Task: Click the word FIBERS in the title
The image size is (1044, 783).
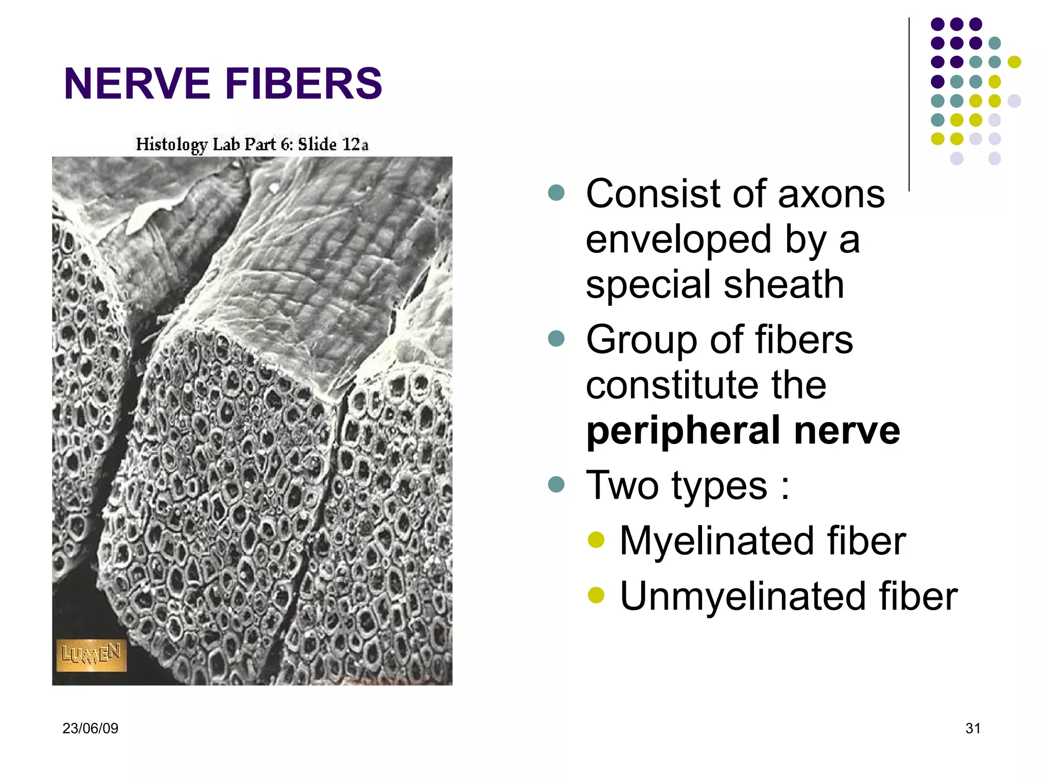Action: click(303, 84)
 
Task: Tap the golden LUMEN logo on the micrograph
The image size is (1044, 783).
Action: click(91, 655)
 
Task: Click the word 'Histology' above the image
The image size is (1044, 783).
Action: click(171, 145)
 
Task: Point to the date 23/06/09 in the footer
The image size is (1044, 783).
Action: click(90, 728)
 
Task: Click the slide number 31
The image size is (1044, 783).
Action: click(973, 728)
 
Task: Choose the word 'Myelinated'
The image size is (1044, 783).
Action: click(716, 541)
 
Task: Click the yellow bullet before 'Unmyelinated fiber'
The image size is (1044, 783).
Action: click(595, 595)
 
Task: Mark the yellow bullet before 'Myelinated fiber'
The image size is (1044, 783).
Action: click(595, 539)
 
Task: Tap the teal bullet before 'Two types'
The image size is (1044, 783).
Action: click(556, 484)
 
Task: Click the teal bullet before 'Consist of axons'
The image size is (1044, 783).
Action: click(556, 193)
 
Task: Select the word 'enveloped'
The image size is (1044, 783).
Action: click(678, 240)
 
